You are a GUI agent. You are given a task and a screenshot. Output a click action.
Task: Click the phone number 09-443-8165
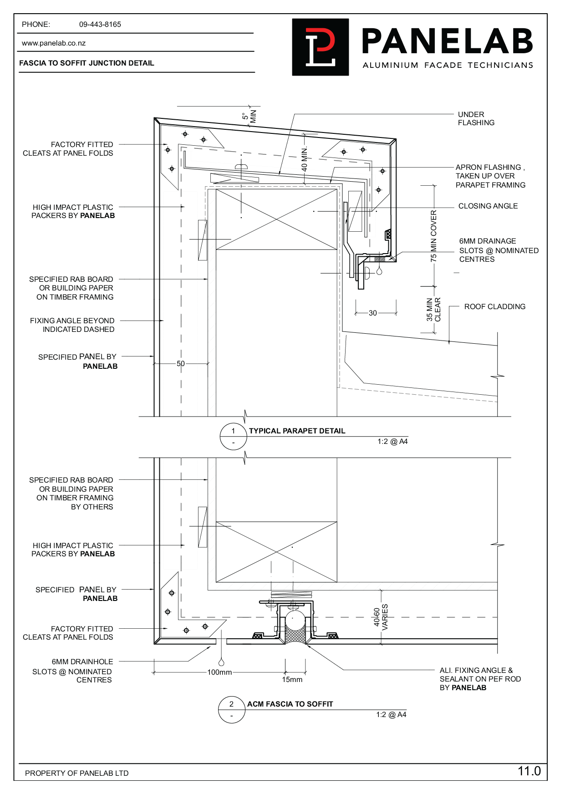[100, 25]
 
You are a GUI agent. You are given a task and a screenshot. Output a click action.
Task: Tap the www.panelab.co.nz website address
[54, 43]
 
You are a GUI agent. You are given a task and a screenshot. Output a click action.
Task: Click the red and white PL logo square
[320, 47]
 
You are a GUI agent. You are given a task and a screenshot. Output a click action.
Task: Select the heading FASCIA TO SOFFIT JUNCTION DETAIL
[87, 63]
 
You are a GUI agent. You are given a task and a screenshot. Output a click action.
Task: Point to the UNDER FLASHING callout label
[476, 118]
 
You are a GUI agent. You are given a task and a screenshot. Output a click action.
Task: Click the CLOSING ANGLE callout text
[488, 206]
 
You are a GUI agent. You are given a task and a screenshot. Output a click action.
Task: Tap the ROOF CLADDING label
[494, 306]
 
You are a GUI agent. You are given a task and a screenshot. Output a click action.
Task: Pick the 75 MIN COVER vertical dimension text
[433, 235]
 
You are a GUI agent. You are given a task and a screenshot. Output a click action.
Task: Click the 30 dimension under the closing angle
[373, 313]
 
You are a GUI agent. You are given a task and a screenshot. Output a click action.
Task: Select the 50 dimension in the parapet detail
[181, 364]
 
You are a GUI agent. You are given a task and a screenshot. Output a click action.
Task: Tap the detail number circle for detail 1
[233, 436]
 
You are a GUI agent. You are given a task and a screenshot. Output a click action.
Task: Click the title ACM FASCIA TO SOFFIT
[290, 704]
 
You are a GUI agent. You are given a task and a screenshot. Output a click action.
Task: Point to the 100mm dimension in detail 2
[219, 672]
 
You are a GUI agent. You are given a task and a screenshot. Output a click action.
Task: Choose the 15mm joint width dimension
[292, 680]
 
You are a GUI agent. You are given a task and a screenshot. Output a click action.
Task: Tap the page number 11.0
[529, 771]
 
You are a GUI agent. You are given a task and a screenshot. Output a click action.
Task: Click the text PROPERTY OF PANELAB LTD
[76, 773]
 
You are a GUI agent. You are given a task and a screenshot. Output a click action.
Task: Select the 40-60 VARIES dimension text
[381, 617]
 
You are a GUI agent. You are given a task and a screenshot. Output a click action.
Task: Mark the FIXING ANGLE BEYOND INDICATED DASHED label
[72, 325]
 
